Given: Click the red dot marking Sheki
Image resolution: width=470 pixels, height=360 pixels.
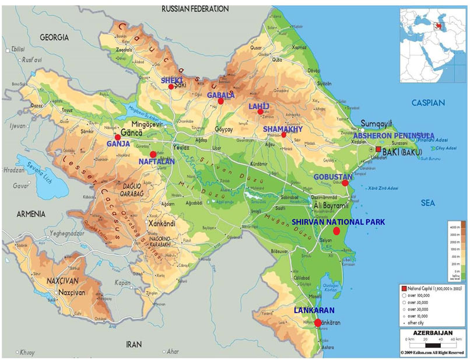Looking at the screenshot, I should pyautogui.click(x=171, y=87).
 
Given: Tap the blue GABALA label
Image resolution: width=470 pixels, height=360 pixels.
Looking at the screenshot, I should pyautogui.click(x=220, y=95).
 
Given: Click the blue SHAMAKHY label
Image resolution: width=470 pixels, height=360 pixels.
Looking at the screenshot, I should pyautogui.click(x=282, y=128).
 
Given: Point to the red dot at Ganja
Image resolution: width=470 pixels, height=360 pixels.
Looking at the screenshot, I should pyautogui.click(x=118, y=137).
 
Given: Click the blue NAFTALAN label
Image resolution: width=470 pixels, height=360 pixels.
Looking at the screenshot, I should pyautogui.click(x=156, y=162).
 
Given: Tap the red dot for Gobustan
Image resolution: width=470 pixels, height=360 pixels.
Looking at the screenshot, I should pyautogui.click(x=345, y=183).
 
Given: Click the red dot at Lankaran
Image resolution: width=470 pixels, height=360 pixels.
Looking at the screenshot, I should pyautogui.click(x=318, y=323).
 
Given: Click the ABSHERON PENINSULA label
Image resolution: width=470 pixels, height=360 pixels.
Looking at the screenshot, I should pyautogui.click(x=394, y=135).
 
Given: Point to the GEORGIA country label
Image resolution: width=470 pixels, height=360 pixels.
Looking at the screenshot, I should pyautogui.click(x=54, y=37).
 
